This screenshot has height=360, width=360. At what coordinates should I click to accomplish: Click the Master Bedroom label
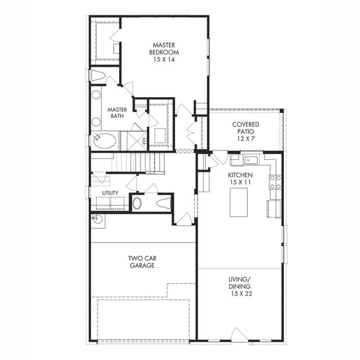tap(164, 49)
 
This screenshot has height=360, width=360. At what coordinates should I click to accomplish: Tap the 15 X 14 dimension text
tap(164, 59)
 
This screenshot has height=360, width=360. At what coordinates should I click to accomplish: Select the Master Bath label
tap(117, 113)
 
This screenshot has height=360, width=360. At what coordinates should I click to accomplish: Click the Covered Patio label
tap(246, 128)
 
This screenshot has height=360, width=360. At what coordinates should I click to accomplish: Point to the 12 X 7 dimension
tap(246, 139)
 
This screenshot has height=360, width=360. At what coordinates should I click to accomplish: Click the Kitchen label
tap(240, 175)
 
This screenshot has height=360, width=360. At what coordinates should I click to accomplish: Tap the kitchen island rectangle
tap(239, 202)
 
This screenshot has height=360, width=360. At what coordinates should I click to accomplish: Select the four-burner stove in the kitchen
tap(275, 182)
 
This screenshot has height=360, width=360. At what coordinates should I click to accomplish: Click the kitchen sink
tap(252, 160)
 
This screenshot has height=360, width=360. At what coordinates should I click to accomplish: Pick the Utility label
tap(110, 193)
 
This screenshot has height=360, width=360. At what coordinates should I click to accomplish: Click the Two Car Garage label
tap(142, 262)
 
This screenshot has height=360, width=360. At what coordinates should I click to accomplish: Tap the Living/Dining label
tap(240, 283)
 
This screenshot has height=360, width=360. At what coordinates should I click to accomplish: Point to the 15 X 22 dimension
tap(242, 294)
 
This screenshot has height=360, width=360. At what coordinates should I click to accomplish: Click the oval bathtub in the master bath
tap(105, 141)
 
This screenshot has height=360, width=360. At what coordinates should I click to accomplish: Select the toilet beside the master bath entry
tap(98, 75)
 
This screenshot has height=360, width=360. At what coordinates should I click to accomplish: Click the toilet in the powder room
tap(164, 203)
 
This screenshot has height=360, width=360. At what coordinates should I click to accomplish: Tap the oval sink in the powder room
tap(137, 203)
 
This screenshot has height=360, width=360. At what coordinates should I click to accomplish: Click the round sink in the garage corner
tap(98, 220)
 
